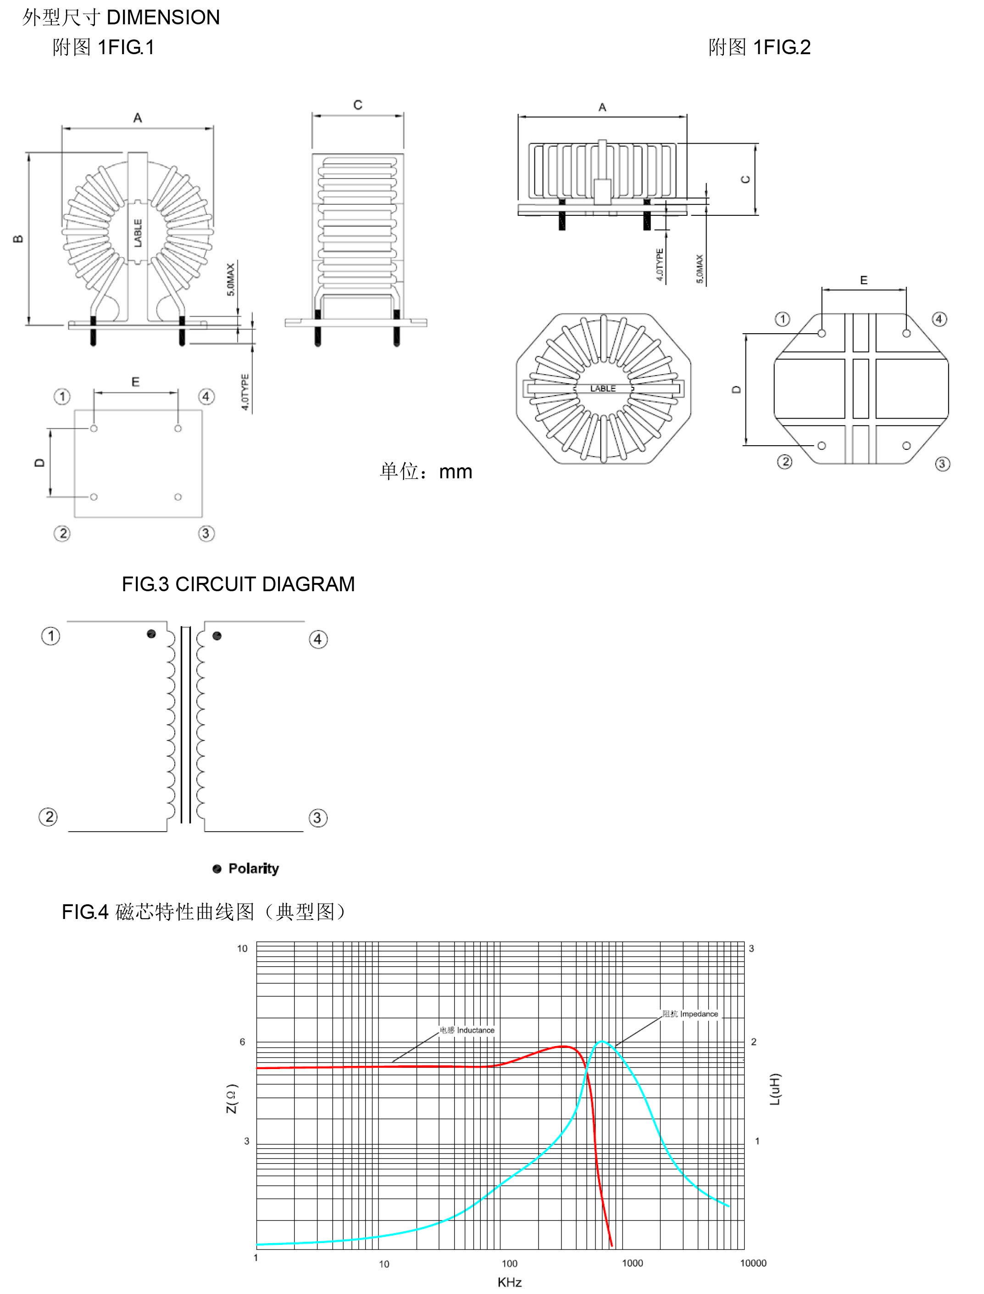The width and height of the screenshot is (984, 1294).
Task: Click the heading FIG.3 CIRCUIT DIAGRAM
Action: click(x=238, y=584)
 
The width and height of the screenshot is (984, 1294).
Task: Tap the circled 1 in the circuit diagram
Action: click(x=51, y=636)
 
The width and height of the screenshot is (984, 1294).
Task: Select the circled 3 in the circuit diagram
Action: click(x=317, y=818)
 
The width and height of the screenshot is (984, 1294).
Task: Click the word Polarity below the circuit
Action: click(x=253, y=868)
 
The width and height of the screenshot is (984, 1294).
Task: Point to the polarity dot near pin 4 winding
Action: click(x=217, y=636)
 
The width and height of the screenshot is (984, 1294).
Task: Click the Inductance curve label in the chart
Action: click(x=467, y=1030)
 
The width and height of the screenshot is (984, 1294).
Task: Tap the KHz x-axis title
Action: click(x=510, y=1282)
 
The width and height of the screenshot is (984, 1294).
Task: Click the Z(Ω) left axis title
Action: click(x=232, y=1098)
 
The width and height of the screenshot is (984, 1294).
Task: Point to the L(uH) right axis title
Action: click(x=775, y=1089)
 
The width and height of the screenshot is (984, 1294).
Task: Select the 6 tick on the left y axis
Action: click(x=243, y=1042)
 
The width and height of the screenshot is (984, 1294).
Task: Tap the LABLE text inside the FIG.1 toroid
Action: click(x=138, y=233)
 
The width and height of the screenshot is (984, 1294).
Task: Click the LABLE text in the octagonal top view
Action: click(x=603, y=388)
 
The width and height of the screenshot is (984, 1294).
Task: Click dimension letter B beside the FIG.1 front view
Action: click(x=17, y=239)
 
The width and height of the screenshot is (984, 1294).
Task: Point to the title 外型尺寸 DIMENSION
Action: click(x=121, y=17)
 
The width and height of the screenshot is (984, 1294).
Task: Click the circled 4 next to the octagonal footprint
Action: click(x=940, y=319)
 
